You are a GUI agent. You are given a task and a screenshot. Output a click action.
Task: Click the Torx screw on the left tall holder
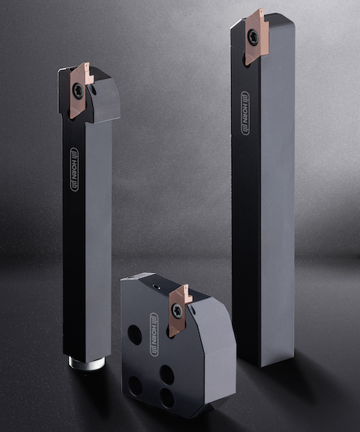click(77, 89)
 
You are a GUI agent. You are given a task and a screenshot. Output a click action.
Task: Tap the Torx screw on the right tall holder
click(253, 36)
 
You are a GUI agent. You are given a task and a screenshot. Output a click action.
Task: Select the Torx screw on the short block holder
click(177, 310)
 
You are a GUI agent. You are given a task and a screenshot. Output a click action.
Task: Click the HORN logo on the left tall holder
click(74, 169)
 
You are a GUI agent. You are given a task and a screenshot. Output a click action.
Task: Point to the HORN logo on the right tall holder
click(245, 113)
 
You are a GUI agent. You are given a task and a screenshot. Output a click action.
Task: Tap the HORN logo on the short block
click(154, 334)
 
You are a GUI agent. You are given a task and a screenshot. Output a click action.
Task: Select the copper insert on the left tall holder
click(81, 90)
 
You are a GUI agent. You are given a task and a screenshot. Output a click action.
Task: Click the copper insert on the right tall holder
click(257, 36)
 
